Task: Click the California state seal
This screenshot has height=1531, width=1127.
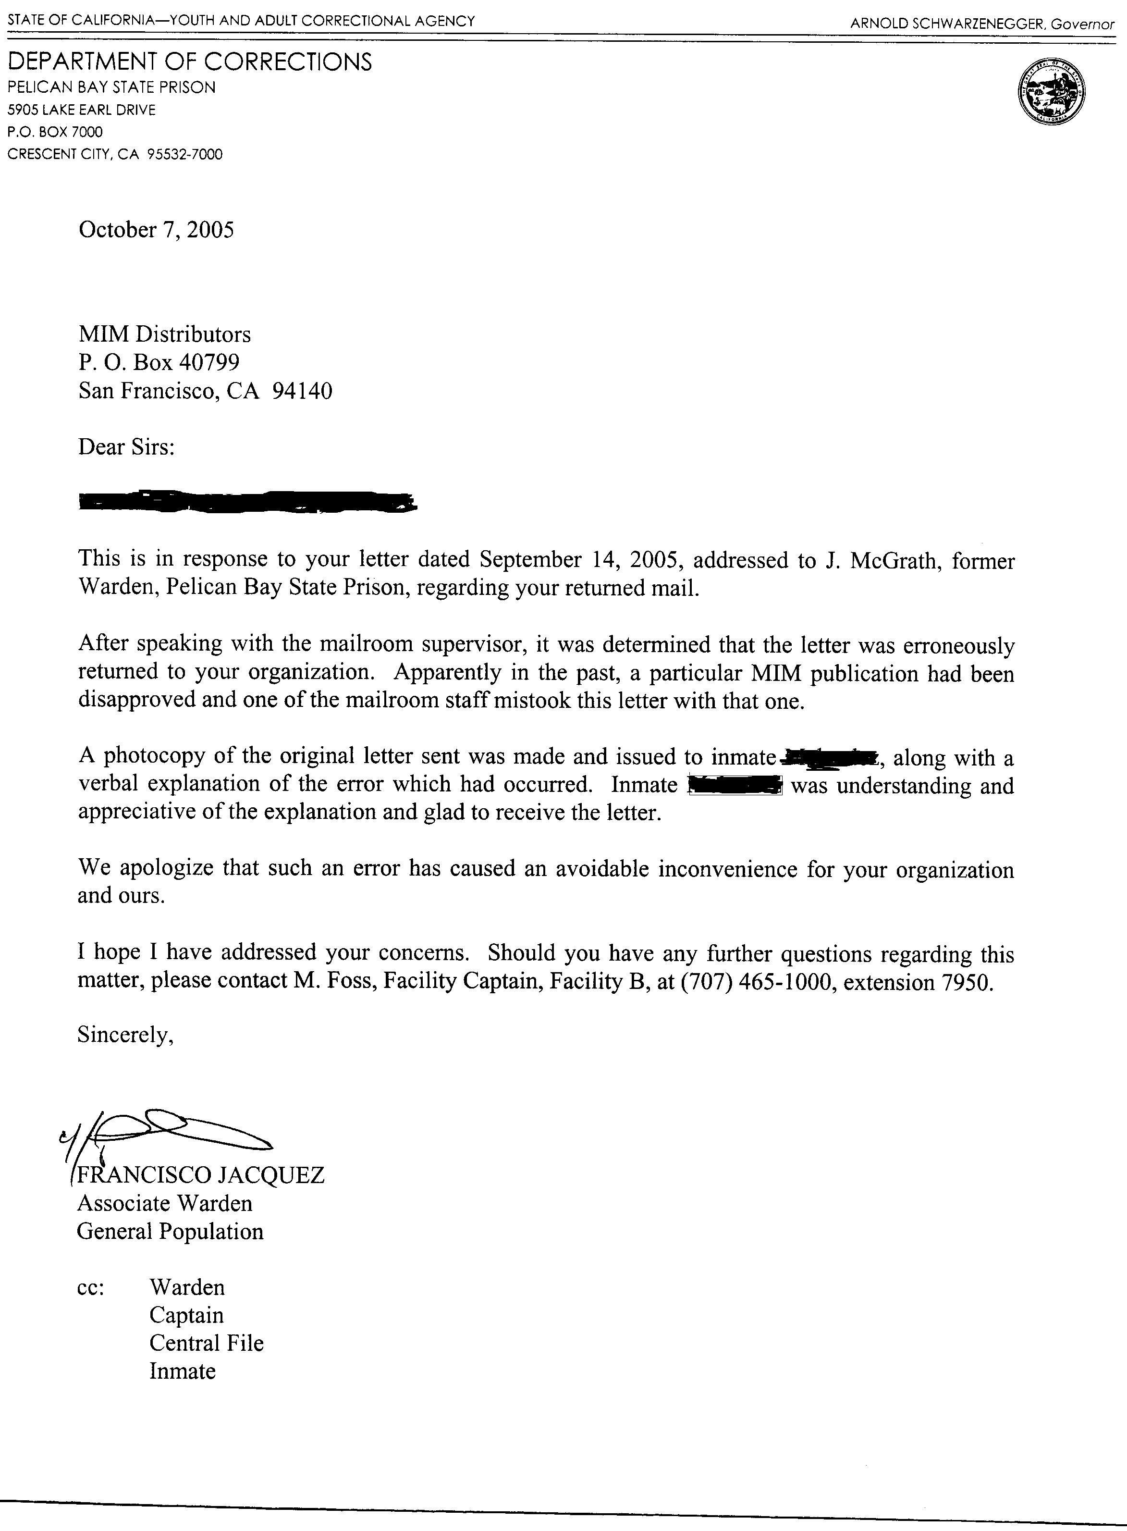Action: coord(1051,91)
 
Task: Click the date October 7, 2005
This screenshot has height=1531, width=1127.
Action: coord(156,230)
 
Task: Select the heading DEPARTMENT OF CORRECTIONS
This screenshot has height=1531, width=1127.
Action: coord(190,62)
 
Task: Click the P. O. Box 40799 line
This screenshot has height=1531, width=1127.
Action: coord(159,362)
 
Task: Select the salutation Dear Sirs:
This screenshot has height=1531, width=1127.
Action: coord(127,447)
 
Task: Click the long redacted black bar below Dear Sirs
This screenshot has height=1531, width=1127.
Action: coord(247,502)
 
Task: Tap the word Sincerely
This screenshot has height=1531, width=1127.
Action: coord(125,1035)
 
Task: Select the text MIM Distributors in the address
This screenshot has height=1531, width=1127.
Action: coord(164,334)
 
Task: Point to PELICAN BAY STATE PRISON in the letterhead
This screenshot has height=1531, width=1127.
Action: coord(111,87)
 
